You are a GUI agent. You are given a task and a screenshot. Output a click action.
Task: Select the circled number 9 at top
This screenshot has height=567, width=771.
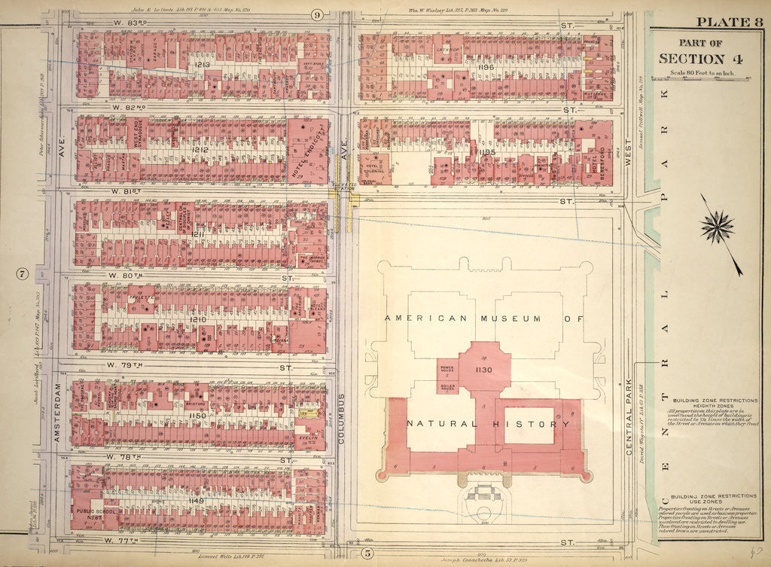(317, 14)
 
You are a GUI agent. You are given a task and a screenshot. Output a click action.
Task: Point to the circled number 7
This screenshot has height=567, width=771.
(23, 273)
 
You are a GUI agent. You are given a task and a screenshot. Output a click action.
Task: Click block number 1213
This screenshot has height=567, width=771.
(201, 66)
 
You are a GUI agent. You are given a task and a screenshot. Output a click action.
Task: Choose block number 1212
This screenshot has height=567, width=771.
(200, 149)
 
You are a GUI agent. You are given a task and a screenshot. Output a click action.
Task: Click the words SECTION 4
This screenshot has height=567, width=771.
(693, 59)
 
